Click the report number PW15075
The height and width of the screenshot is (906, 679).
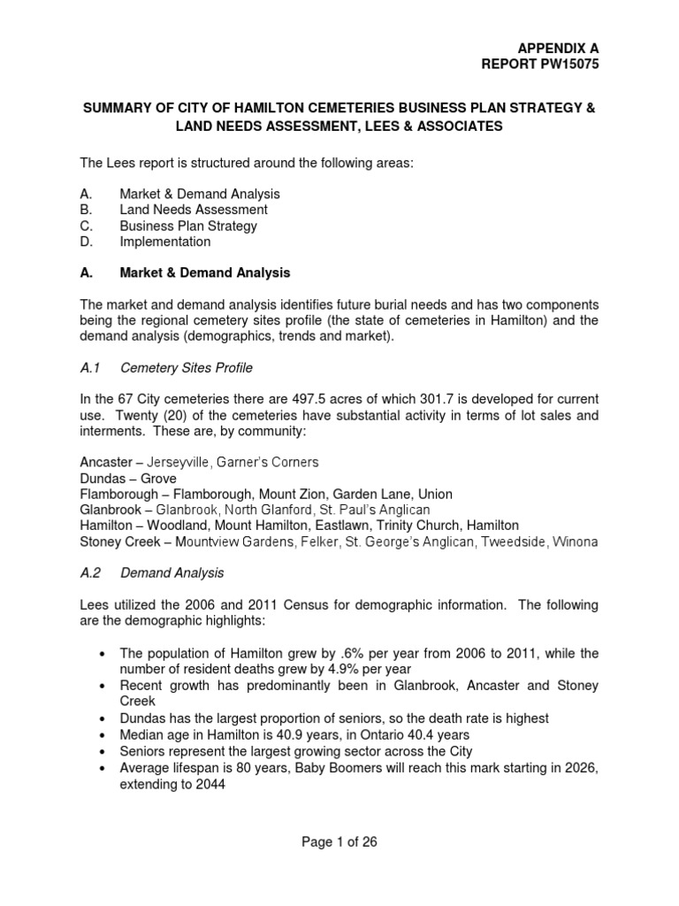pyautogui.click(x=565, y=64)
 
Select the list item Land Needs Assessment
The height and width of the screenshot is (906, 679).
pyautogui.click(x=194, y=210)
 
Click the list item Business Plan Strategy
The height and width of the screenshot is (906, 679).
pyautogui.click(x=188, y=226)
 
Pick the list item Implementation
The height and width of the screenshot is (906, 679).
pyautogui.click(x=165, y=242)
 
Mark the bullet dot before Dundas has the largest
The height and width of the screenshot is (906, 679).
pyautogui.click(x=105, y=718)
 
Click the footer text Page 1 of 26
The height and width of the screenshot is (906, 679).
pyautogui.click(x=339, y=841)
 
